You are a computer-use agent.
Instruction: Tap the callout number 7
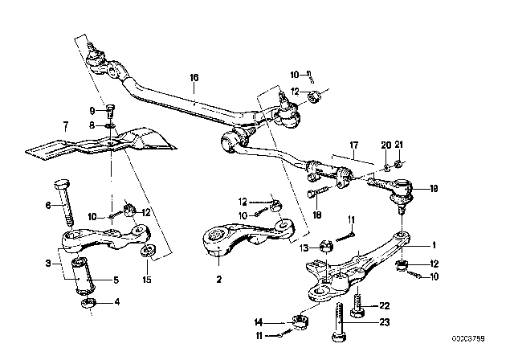pos(66,125)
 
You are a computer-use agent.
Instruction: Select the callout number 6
pos(47,205)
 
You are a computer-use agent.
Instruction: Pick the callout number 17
pos(353,145)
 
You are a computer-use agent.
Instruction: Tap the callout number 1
pos(434,245)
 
